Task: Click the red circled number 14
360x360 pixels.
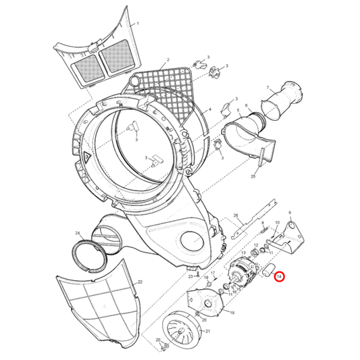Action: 279,277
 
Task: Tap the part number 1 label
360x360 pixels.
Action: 138,23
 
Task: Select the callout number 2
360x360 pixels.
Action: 168,60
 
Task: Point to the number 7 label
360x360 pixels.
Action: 267,88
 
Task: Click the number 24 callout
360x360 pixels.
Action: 78,234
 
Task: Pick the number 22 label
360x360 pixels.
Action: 140,282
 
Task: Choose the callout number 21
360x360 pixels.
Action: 207,331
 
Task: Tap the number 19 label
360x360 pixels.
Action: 232,313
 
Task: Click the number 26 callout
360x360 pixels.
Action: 236,215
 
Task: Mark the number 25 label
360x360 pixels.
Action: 253,176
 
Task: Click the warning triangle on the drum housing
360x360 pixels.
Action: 86,157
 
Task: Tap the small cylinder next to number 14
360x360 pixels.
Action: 269,270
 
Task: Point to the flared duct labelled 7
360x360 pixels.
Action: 282,100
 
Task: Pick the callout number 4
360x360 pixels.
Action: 210,109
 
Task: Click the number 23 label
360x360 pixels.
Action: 190,277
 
